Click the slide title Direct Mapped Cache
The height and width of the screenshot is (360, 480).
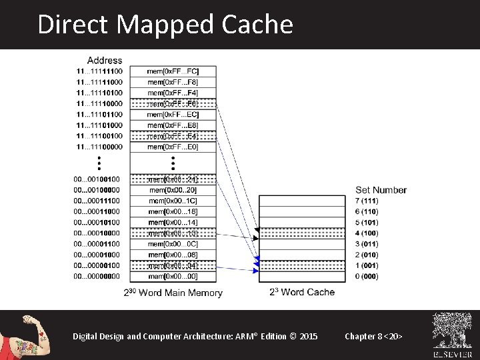pos(165,25)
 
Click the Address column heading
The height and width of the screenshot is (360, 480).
pos(105,60)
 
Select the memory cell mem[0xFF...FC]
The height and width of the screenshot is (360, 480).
pos(173,71)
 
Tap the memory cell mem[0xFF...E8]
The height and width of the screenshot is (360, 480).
pos(173,125)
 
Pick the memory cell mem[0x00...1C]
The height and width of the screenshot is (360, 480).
pos(173,201)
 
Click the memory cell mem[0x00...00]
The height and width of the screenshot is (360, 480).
pos(173,276)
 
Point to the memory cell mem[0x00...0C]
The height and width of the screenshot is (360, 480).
pos(173,244)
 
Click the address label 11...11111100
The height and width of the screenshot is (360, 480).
pos(99,71)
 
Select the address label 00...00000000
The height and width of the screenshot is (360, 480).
pos(97,276)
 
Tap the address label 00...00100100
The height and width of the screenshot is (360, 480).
pos(97,179)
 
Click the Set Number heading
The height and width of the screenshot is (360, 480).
pos(381,190)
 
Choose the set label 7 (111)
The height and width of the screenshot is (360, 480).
pos(367,201)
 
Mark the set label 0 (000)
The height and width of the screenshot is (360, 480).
pos(367,276)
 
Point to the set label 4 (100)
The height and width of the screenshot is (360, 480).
pos(367,233)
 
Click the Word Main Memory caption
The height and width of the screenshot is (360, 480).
pos(173,293)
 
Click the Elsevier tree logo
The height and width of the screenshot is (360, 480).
pos(452,331)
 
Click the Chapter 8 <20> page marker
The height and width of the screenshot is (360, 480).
pos(373,336)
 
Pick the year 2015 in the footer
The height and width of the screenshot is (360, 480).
pos(309,336)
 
